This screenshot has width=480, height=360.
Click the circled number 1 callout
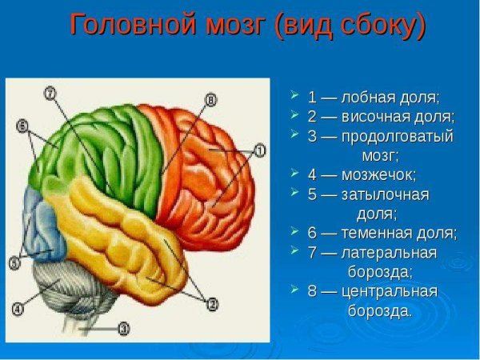tap(260, 150)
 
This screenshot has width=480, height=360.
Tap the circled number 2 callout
tap(213, 303)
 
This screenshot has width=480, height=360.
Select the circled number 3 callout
tap(123, 327)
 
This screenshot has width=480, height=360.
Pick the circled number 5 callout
tap(14, 262)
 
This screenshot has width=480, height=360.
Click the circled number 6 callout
tap(22, 126)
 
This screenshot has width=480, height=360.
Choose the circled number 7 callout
tap(50, 94)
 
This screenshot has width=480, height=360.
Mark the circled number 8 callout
tap(211, 100)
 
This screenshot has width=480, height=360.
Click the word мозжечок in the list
tap(379, 174)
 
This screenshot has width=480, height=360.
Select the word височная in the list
tap(376, 116)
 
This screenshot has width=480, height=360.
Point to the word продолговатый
tap(397, 135)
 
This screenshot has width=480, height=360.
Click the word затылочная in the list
tap(385, 194)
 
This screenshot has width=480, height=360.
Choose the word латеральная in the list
tap(389, 253)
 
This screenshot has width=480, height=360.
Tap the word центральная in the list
tap(390, 291)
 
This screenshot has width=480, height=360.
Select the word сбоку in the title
tap(374, 26)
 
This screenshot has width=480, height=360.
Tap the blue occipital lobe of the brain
tap(40, 224)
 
